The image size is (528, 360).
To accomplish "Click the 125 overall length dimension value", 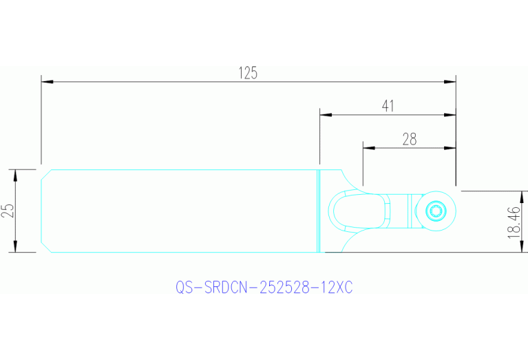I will (248, 72).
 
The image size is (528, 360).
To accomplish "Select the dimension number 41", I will (388, 105).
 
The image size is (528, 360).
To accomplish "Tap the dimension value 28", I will (410, 138).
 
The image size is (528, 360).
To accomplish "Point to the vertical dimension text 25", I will (8, 211).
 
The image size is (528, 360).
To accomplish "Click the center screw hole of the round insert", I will (436, 211).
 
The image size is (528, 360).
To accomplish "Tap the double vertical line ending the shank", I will (319, 211).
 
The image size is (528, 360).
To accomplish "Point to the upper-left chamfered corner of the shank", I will (45, 173).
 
